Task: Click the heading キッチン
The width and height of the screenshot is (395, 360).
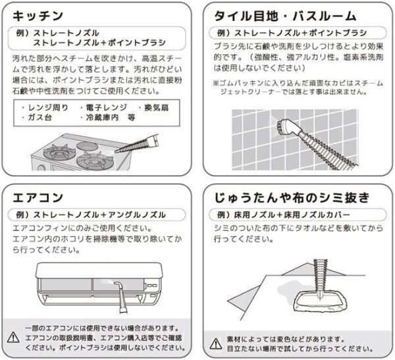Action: [x=38, y=16]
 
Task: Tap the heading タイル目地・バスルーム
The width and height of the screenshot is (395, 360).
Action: [x=285, y=16]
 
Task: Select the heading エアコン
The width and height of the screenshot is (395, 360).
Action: [x=38, y=197]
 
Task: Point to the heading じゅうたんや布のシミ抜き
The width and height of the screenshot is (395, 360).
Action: [x=292, y=197]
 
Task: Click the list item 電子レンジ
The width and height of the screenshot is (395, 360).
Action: [x=106, y=108]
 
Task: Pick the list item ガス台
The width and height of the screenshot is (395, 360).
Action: [x=39, y=117]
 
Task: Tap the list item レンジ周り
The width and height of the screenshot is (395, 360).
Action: [x=48, y=108]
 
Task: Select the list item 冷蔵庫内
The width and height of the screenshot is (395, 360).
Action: [x=102, y=117]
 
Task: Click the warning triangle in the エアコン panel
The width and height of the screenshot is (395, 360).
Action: [x=13, y=338]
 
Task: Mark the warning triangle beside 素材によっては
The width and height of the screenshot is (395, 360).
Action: [x=216, y=344]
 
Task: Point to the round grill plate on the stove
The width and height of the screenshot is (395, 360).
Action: [x=86, y=146]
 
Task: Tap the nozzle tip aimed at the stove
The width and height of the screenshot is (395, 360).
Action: [x=116, y=151]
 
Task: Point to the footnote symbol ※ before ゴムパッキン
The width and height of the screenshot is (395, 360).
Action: [x=216, y=83]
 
